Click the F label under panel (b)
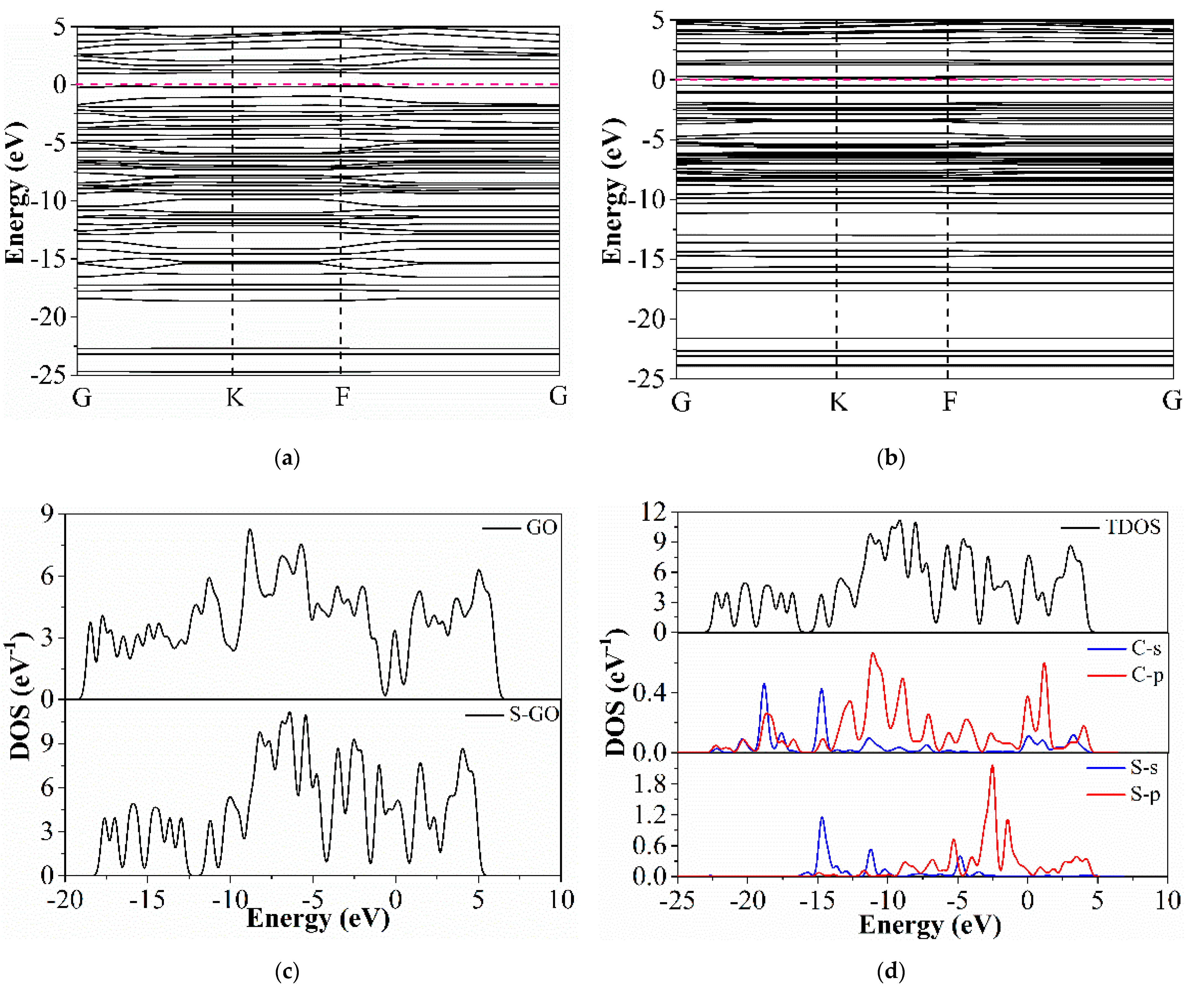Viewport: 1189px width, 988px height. pos(949,402)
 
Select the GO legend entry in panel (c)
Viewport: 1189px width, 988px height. pos(541,528)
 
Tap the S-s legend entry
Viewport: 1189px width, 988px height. pos(1144,768)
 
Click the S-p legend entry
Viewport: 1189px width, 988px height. pos(1145,795)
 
